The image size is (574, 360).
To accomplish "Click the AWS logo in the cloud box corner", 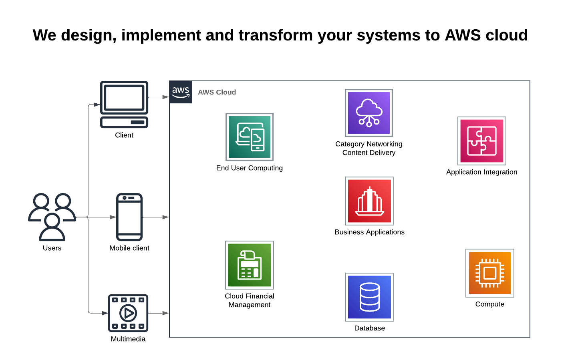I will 181,92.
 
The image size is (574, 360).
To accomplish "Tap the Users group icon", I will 52,217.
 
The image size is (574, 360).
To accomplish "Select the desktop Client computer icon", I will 124,104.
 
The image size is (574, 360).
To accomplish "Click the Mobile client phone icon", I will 129,217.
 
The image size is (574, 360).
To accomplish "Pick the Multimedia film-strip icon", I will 128,313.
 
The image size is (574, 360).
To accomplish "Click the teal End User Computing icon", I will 250,137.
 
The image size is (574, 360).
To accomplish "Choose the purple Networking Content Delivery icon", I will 369,113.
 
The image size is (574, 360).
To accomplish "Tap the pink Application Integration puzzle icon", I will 482,141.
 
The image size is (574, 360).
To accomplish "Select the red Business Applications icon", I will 370,201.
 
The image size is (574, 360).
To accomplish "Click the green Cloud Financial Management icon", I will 250,265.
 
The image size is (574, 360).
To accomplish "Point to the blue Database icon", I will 370,297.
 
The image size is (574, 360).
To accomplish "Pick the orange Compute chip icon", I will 490,273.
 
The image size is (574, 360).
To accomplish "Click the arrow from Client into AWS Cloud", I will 159,97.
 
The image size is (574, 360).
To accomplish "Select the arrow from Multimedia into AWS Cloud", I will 159,313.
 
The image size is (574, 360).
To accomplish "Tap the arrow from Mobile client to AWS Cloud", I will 156,217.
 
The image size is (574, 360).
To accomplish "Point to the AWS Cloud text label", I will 217,92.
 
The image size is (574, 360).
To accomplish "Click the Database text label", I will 370,328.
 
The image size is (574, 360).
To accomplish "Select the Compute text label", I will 490,304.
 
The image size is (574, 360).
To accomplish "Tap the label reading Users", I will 52,248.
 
